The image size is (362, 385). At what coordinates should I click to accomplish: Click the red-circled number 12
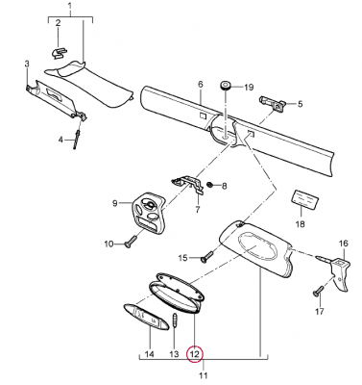tap(195, 354)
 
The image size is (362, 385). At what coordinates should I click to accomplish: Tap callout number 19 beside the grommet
tap(249, 87)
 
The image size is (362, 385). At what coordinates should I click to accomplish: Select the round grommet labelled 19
tap(226, 86)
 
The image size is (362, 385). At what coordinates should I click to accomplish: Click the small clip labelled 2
tap(60, 53)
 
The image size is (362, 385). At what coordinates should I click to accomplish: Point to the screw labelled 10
tap(131, 241)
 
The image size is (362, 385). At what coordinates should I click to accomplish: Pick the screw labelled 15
tap(207, 256)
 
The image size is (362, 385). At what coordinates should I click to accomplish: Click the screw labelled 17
tap(317, 291)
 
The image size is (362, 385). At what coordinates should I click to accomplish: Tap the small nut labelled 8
tap(209, 185)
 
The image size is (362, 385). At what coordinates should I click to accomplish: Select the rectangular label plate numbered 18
tap(305, 199)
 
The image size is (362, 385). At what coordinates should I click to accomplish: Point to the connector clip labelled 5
tap(272, 103)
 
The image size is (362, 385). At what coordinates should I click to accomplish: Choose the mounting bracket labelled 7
tap(189, 185)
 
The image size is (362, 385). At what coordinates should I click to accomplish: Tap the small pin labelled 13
tap(175, 321)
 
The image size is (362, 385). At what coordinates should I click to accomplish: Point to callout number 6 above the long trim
tap(201, 85)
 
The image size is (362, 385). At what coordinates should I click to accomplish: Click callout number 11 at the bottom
tap(204, 375)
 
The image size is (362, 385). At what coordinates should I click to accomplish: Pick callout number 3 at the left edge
tap(27, 64)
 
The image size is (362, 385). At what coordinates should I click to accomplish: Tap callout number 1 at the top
tap(70, 6)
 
